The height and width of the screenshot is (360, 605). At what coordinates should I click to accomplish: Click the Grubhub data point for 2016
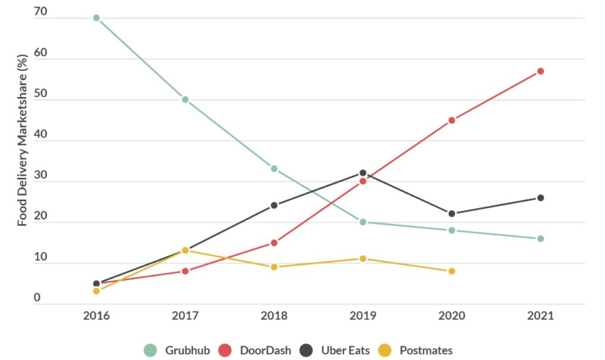tap(96, 18)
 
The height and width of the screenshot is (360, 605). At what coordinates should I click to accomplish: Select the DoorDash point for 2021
tap(540, 71)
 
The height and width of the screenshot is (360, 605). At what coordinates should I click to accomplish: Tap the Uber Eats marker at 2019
tap(363, 173)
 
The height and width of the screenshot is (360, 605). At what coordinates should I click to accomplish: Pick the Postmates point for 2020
tap(451, 271)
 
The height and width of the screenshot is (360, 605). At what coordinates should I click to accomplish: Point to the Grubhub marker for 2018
tap(274, 168)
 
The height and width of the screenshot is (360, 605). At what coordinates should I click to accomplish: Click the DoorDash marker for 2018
tap(274, 242)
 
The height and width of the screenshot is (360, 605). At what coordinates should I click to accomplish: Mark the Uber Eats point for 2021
tap(540, 198)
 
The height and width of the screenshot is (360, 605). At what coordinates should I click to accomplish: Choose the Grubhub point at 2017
tap(185, 99)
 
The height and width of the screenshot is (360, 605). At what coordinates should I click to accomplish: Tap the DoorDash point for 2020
tap(451, 120)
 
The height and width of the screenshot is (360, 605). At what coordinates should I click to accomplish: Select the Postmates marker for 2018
tap(274, 267)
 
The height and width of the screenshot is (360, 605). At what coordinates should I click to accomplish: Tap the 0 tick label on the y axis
tap(37, 297)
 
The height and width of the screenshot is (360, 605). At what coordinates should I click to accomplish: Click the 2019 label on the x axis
tap(363, 316)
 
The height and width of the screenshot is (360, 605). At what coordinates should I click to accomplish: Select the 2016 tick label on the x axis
tap(96, 316)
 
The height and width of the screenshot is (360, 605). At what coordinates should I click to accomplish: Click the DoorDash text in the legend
tap(265, 351)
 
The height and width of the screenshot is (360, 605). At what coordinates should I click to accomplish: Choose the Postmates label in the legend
tap(426, 351)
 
